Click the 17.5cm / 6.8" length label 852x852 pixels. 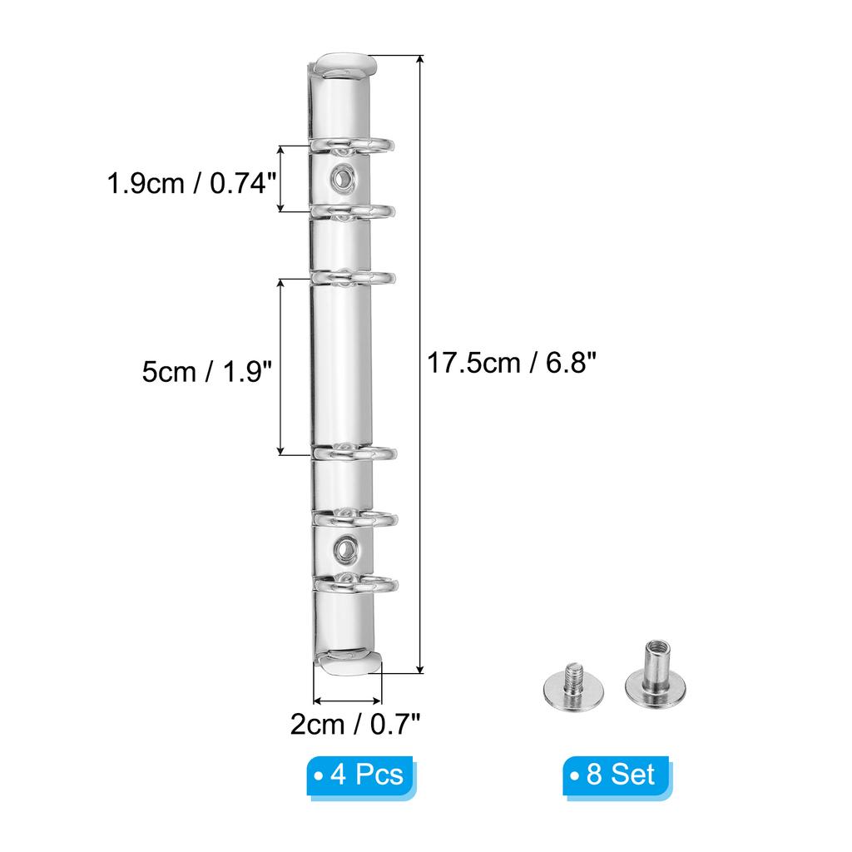point(512,363)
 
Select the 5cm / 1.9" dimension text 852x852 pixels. point(206,372)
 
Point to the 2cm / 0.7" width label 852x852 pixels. point(355,725)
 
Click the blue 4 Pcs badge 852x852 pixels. point(360,775)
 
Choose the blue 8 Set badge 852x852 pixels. point(617,775)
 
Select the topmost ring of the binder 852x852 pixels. point(352,145)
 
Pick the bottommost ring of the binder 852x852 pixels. point(356,583)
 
